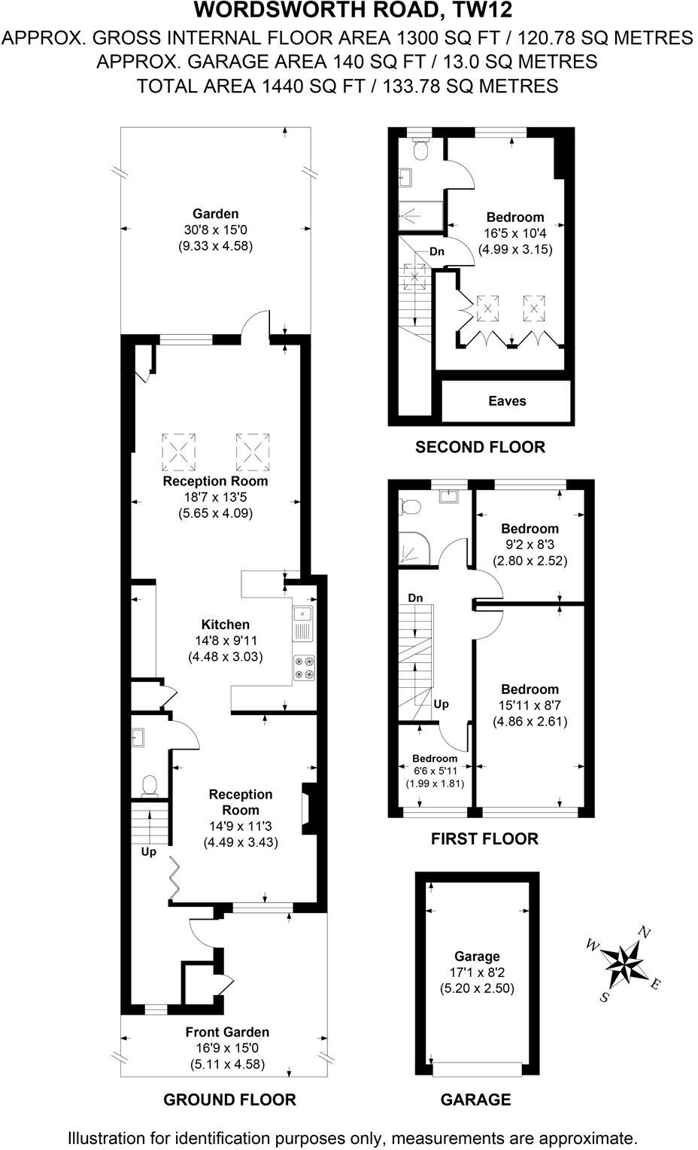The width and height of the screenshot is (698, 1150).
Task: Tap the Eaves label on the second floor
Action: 507,401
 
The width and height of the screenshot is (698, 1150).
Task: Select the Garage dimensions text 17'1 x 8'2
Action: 477,972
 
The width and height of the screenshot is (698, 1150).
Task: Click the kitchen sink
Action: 304,622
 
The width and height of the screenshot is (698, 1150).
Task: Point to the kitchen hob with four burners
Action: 304,667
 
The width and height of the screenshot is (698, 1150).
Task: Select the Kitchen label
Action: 225,624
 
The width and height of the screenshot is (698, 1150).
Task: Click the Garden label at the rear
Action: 215,214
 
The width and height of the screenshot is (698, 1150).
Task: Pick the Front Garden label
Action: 229,1032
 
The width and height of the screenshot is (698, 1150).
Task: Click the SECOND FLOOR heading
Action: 480,447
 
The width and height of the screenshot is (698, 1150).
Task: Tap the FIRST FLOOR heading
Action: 484,838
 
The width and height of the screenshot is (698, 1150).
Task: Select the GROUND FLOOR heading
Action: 229,1100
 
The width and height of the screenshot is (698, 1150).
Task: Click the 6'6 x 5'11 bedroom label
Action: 435,771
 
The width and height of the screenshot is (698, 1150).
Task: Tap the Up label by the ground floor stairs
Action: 149,852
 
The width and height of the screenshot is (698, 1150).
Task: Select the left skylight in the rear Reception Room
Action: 179,451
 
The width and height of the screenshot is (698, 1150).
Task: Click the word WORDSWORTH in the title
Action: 254,11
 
